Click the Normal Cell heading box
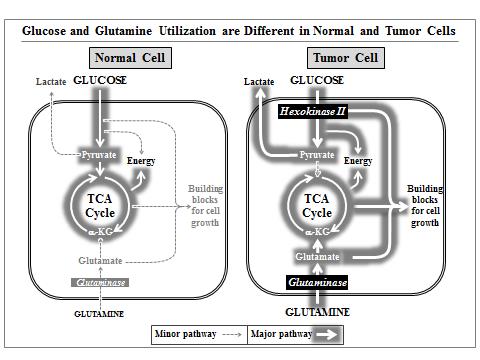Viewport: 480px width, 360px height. pyautogui.click(x=130, y=58)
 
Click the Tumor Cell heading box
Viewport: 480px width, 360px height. pyautogui.click(x=346, y=58)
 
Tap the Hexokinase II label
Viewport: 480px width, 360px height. pyautogui.click(x=313, y=111)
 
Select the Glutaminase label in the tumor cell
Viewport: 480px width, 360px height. pyautogui.click(x=317, y=282)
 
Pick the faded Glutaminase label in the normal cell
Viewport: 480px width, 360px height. pyautogui.click(x=100, y=283)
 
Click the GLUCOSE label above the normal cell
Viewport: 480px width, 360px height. pyautogui.click(x=100, y=80)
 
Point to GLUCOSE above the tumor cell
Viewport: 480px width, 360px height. pyautogui.click(x=317, y=80)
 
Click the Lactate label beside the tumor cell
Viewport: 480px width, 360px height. pyautogui.click(x=259, y=82)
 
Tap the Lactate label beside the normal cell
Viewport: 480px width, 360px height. pyautogui.click(x=51, y=82)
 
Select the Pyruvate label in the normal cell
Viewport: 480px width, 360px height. pyautogui.click(x=99, y=155)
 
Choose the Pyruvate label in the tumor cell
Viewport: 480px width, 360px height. pyautogui.click(x=317, y=155)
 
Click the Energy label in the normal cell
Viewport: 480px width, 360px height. pyautogui.click(x=141, y=161)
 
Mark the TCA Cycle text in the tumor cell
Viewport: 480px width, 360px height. pyautogui.click(x=317, y=206)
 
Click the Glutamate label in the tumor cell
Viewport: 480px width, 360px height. pyautogui.click(x=317, y=257)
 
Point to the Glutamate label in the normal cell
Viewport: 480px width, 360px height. pyautogui.click(x=100, y=261)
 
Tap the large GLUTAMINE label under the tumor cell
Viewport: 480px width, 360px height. pyautogui.click(x=318, y=312)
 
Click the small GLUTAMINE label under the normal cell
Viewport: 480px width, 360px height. pyautogui.click(x=99, y=314)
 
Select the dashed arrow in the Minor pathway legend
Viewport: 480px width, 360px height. pyautogui.click(x=232, y=334)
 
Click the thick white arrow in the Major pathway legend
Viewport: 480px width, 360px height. pyautogui.click(x=327, y=335)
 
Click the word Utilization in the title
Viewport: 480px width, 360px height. pyautogui.click(x=187, y=31)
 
